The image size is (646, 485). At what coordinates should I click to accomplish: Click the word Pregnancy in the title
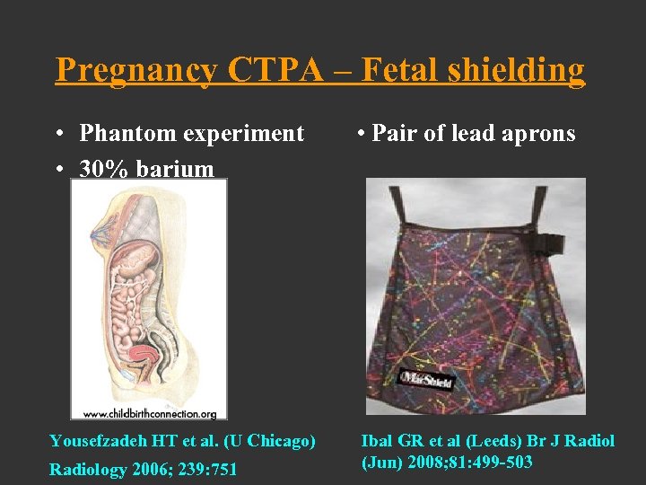tap(135, 70)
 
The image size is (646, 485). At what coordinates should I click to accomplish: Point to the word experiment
tap(243, 134)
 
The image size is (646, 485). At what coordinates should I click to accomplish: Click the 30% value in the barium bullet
tap(101, 168)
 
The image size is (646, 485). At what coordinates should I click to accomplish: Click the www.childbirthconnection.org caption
tap(149, 414)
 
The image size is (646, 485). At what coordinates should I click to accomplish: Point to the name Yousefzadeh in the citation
tap(98, 442)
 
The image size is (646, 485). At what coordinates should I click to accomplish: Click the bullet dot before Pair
tap(359, 135)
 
